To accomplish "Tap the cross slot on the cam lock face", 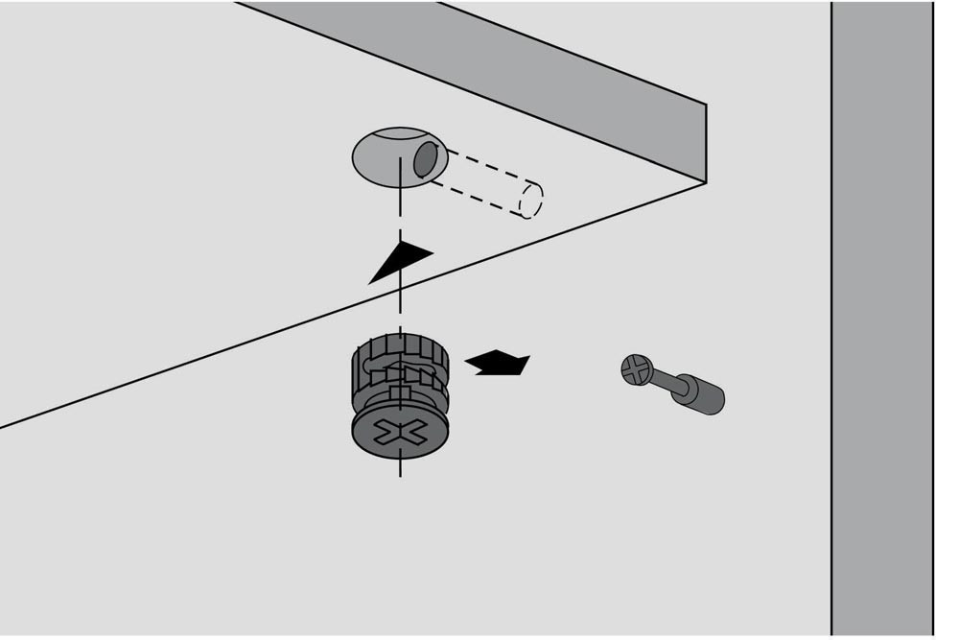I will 400,433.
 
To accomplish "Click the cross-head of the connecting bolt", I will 637,368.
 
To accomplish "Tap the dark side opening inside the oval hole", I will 424,160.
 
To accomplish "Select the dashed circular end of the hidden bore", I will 530,200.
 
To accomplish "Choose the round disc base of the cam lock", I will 400,437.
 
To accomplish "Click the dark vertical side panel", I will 880,317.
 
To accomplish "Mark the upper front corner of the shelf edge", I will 706,104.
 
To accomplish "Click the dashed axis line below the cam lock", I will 400,470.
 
